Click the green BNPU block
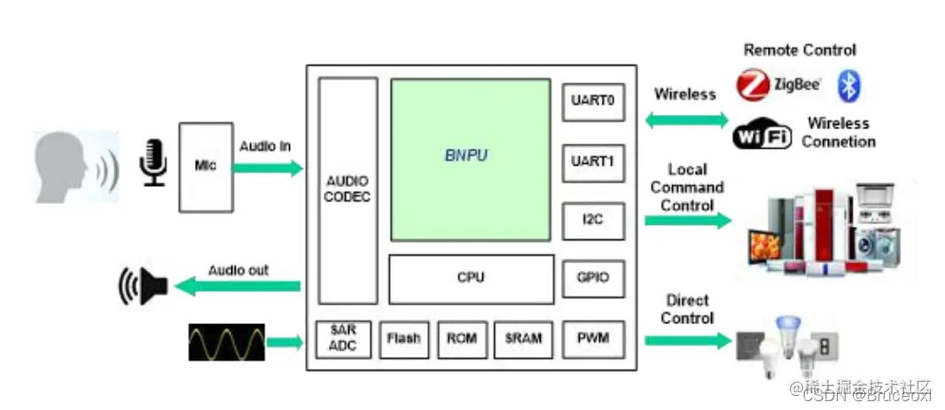pos(471,159)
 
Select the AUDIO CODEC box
pos(348,190)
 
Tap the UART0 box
pos(593,101)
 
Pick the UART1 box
pos(593,163)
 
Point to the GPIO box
pos(593,278)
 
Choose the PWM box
pos(593,337)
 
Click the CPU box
pos(471,279)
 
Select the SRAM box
pos(522,338)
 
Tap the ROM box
pos(462,338)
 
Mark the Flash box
pos(403,338)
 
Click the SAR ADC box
pos(342,338)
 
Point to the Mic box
pos(206,166)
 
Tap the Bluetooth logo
pos(850,86)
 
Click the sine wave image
pos(226,342)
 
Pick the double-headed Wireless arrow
pos(684,120)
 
